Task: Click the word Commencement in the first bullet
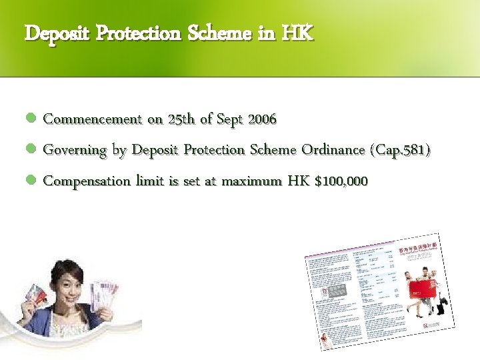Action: [x=93, y=119]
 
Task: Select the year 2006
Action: [x=262, y=119]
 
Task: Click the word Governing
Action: [x=75, y=150]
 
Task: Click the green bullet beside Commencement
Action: [x=30, y=120]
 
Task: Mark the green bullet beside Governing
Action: [x=30, y=151]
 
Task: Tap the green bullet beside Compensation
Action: [x=30, y=181]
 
